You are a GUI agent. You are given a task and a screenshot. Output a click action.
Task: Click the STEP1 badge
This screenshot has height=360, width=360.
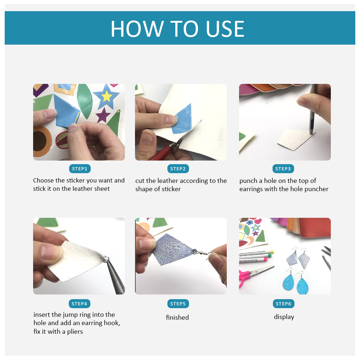tap(80, 169)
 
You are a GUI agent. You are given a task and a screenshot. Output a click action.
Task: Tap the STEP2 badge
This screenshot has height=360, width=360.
tap(178, 169)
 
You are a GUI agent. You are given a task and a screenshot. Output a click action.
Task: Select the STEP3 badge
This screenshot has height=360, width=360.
tap(283, 169)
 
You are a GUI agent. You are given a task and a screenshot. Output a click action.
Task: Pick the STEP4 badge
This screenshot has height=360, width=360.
tap(80, 303)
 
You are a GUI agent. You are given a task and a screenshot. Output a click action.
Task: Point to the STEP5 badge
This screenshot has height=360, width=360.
tap(178, 303)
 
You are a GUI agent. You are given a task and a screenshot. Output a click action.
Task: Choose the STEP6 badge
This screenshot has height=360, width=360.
tap(284, 303)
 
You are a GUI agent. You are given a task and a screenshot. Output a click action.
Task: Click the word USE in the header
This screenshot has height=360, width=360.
tap(225, 29)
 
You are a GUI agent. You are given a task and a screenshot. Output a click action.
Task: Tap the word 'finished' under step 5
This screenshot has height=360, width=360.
tap(177, 317)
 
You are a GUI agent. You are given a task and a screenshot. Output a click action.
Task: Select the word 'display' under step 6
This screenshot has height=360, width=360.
tap(284, 317)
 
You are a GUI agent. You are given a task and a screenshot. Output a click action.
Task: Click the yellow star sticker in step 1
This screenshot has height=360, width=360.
tap(107, 96)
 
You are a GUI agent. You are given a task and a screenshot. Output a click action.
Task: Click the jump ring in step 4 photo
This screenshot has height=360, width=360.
tap(105, 259)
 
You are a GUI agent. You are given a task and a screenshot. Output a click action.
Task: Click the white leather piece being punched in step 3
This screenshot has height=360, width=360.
tap(296, 140)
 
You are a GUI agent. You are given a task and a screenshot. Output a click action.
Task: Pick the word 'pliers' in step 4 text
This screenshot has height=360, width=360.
tap(75, 332)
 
